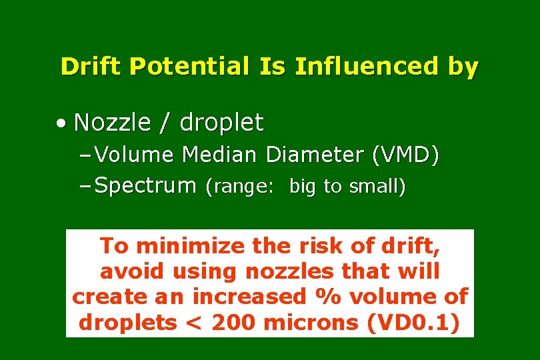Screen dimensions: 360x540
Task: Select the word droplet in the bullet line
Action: click(x=221, y=123)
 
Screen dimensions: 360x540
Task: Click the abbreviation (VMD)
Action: click(x=406, y=155)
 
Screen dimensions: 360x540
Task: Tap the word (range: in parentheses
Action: click(x=239, y=187)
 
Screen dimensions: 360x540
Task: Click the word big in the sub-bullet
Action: click(x=303, y=188)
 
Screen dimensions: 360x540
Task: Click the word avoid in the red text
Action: click(x=132, y=271)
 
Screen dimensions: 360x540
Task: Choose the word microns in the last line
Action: click(x=311, y=323)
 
